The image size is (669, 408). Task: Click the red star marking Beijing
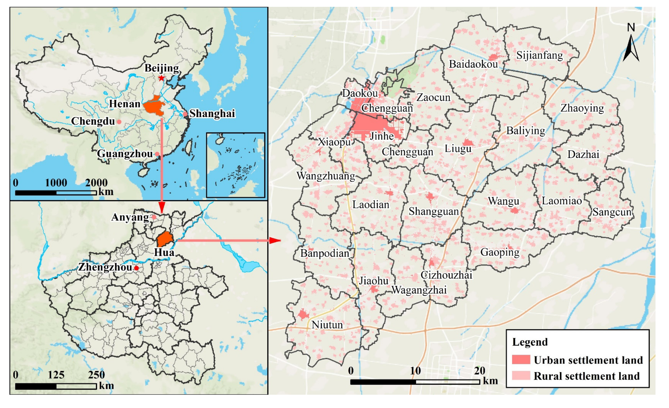[161, 78]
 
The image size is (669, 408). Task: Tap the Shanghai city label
[212, 114]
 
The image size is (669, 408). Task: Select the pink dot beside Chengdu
[119, 122]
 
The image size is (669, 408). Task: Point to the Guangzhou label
[125, 154]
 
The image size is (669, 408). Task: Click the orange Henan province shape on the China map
[154, 106]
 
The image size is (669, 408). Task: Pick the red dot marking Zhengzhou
[137, 268]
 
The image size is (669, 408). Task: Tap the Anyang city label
[130, 217]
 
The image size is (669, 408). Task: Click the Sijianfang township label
[539, 55]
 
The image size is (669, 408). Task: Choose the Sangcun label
[612, 212]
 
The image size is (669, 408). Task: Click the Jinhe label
[382, 136]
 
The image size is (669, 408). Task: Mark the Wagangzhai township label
[419, 290]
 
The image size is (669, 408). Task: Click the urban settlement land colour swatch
[521, 359]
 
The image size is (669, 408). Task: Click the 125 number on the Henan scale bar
[56, 375]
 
